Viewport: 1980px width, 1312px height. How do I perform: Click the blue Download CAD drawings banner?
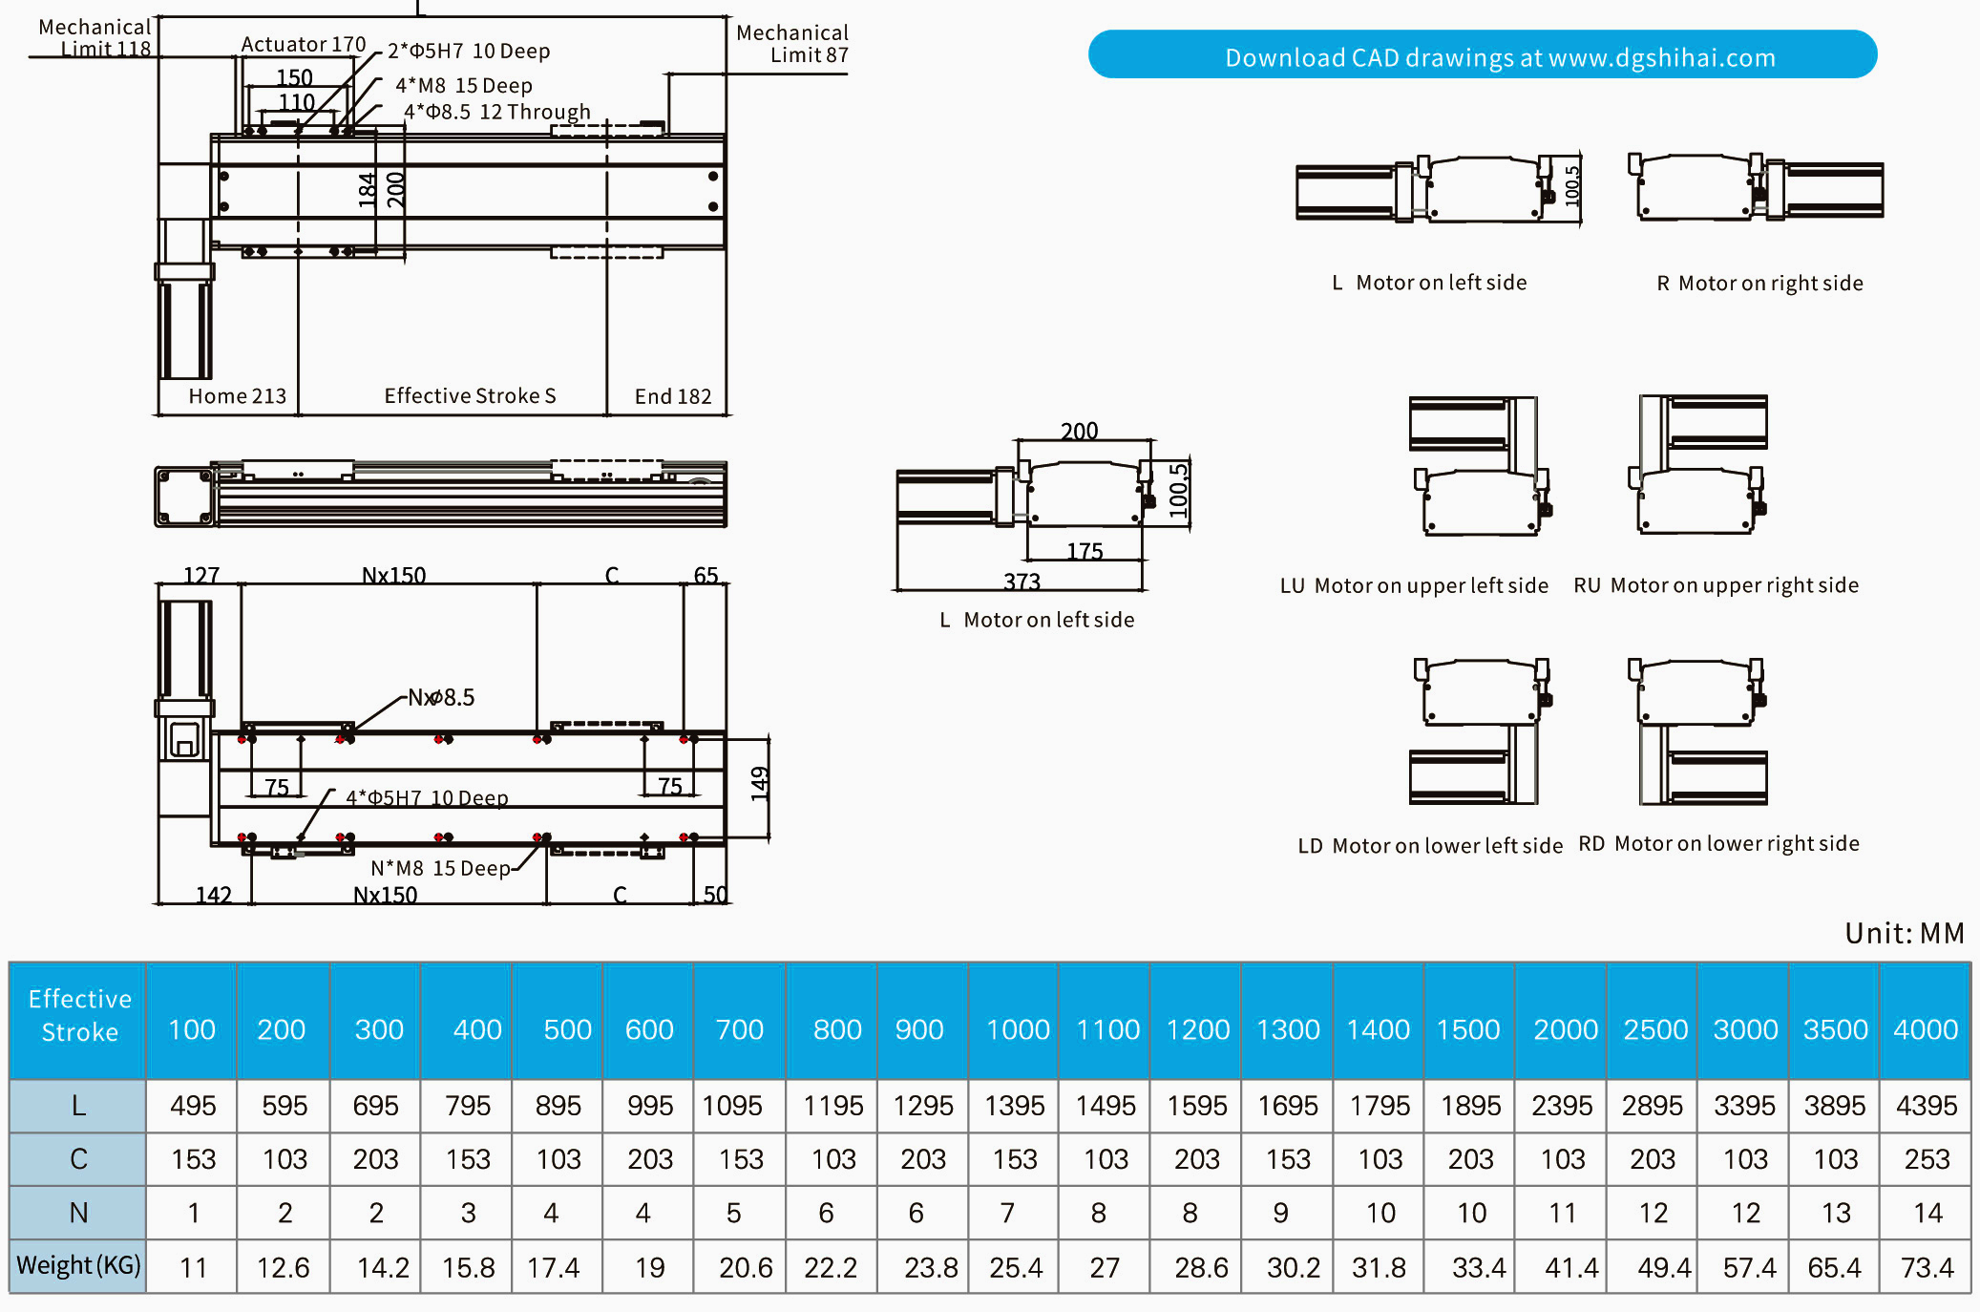(1482, 56)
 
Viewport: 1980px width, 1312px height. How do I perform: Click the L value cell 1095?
(732, 1106)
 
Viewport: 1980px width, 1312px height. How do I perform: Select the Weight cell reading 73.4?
(1927, 1267)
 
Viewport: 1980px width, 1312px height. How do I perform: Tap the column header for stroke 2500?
(1654, 1029)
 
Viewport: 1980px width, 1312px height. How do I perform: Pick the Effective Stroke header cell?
(79, 1016)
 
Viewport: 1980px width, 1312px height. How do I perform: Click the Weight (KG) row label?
(78, 1266)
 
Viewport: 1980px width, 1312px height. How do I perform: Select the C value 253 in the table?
(1927, 1159)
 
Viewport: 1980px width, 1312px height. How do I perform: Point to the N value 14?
(1927, 1213)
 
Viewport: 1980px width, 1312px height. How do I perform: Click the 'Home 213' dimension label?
(237, 396)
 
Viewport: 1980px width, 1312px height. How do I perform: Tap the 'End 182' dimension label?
(673, 396)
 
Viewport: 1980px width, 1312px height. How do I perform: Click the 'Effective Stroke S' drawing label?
(470, 396)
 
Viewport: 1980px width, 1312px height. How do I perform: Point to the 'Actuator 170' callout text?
(303, 45)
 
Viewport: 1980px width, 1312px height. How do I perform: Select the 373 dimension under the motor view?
(1022, 582)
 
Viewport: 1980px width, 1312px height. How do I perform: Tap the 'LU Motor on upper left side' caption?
(1414, 585)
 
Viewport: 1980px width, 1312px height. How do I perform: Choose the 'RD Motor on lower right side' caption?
(1718, 844)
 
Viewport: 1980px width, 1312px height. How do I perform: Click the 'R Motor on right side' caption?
(1759, 284)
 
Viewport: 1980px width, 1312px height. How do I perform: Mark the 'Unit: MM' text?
(1904, 933)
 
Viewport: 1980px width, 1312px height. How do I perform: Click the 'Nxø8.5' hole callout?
(441, 698)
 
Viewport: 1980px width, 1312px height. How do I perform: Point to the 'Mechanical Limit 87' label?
(791, 44)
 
